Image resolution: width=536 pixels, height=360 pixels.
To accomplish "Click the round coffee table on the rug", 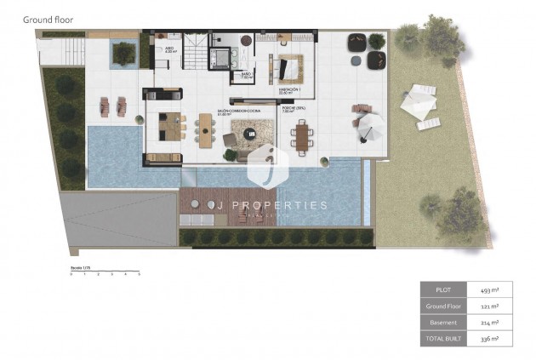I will pyautogui.click(x=249, y=133).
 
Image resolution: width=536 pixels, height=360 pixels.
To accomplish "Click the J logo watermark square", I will pyautogui.click(x=267, y=169).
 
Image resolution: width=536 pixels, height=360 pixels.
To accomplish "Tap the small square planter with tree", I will pyautogui.click(x=124, y=54).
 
